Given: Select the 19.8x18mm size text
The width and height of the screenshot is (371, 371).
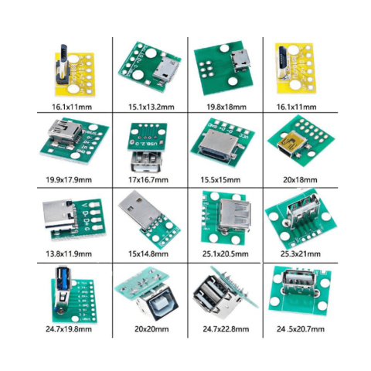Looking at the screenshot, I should (223, 106).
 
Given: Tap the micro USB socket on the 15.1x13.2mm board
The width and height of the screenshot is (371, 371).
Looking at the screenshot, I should (163, 74).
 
